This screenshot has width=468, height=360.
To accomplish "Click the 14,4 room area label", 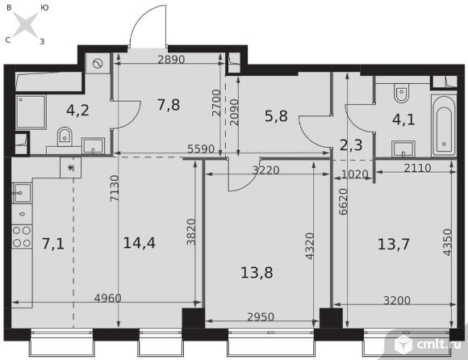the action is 139,243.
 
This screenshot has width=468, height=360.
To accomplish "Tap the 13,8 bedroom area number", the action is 257,273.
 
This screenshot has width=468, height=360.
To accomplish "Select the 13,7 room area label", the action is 394,245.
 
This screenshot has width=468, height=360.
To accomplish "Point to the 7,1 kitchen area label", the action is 52,244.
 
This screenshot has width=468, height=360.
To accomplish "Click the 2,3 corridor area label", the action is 351,145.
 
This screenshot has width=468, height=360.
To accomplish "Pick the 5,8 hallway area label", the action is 276,116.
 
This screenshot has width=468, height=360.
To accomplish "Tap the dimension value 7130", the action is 115,188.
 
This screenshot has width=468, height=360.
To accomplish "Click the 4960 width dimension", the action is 108,298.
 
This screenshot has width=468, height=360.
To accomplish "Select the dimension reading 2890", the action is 171,60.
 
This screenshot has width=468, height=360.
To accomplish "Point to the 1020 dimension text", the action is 354,174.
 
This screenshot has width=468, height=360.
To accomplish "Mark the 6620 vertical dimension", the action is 343,202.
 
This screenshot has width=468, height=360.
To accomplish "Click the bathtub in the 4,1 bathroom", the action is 444,126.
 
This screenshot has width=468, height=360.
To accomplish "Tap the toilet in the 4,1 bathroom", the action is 400,93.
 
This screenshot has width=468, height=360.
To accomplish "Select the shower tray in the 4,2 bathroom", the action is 31,112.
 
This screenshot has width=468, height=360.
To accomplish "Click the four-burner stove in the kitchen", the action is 22,237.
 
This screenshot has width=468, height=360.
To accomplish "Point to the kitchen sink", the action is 22,193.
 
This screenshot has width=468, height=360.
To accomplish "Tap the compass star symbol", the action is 26,24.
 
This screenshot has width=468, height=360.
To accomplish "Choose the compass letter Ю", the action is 44,8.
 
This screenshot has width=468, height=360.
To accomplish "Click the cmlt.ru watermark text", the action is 440,344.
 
